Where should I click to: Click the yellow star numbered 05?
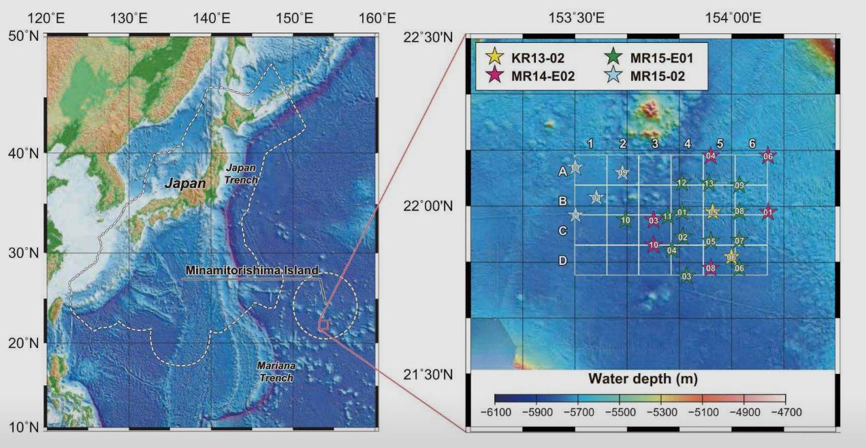(712, 212)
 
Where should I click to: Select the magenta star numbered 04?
(711, 157)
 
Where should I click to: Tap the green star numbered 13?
(709, 183)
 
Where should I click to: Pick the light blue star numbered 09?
(622, 174)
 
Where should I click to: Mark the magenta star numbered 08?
(711, 268)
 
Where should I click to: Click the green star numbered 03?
(686, 276)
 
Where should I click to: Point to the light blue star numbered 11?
(575, 216)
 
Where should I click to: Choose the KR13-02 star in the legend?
(495, 57)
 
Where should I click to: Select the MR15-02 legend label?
(657, 76)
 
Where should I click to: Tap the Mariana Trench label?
(276, 371)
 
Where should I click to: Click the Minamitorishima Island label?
(252, 271)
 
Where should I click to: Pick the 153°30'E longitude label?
(577, 18)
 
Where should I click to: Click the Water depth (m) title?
(643, 379)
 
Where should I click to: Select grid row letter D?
(563, 261)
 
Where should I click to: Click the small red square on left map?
(323, 325)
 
